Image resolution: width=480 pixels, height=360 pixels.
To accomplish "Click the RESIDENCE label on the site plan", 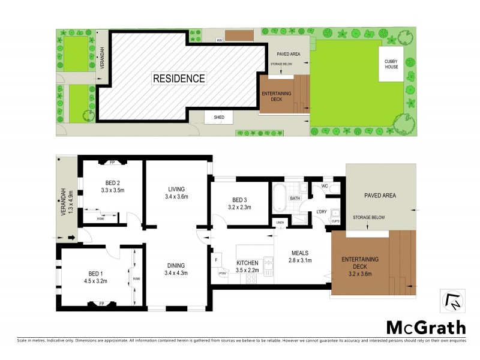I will [x=179, y=78].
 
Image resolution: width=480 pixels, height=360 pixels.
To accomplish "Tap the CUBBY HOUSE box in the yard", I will [x=391, y=63].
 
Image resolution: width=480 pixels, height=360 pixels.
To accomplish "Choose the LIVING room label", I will [x=176, y=188].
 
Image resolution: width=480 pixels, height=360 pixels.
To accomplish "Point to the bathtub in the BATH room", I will [x=280, y=197].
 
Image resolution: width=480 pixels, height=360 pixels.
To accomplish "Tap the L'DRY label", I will [x=321, y=212].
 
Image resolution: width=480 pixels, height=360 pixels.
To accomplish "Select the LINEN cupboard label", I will [x=280, y=223].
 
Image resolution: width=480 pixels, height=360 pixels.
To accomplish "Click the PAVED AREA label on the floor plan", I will [x=379, y=196].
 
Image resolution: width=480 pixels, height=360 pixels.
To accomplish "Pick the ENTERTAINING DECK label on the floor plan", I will [x=360, y=263].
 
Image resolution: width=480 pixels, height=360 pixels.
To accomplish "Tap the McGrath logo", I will [x=425, y=327].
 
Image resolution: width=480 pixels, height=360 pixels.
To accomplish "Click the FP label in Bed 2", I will [x=113, y=162].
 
